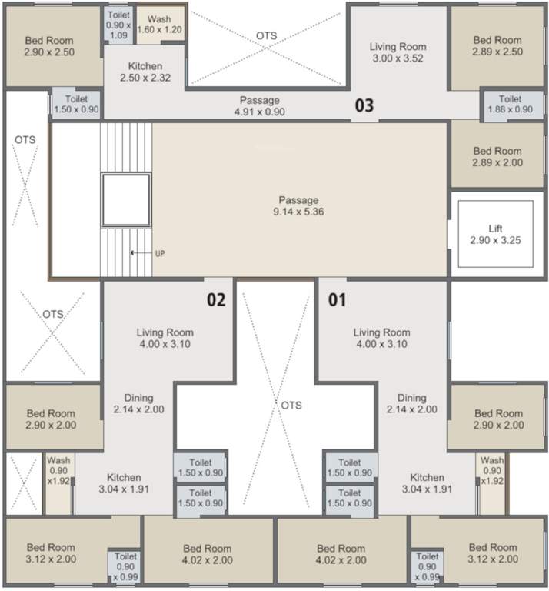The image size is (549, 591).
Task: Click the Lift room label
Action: [495, 229]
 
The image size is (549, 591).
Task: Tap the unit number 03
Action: [364, 106]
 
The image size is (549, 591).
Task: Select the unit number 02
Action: [216, 299]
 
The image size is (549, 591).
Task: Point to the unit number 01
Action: [338, 299]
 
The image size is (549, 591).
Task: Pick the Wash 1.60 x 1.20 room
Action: [159, 24]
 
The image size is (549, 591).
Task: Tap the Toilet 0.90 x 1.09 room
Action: [118, 25]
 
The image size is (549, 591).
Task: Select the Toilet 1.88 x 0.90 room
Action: [510, 105]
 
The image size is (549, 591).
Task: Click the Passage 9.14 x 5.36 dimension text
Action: [300, 212]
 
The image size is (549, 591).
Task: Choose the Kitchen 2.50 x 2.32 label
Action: [145, 72]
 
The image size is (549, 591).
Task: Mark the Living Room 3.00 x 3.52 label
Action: [397, 52]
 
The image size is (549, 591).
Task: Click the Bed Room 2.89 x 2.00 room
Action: [497, 157]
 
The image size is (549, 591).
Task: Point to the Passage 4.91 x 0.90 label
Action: [259, 106]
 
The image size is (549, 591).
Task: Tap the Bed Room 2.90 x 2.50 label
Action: [49, 45]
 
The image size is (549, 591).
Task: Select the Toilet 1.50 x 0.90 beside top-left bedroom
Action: [76, 105]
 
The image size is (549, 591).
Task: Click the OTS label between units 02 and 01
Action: [291, 406]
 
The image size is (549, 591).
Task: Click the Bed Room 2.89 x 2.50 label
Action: [497, 45]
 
